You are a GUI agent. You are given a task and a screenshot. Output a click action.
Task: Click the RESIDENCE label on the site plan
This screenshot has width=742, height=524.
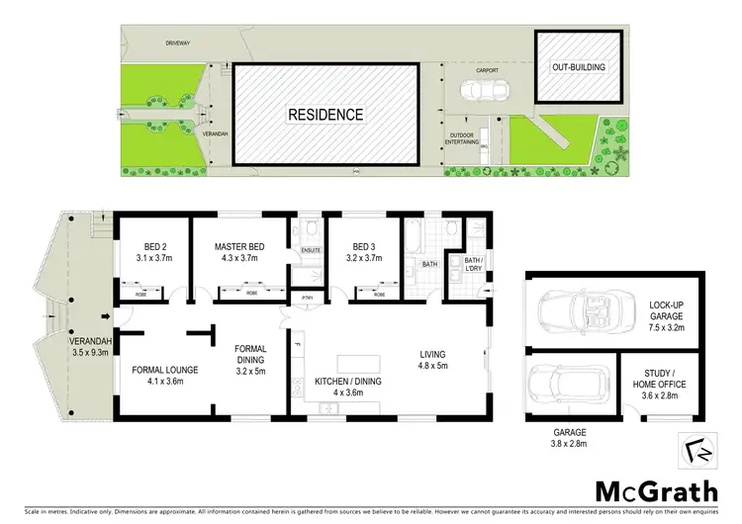coord(325,114)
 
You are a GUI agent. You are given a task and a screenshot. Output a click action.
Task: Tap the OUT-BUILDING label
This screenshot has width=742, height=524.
coord(578,67)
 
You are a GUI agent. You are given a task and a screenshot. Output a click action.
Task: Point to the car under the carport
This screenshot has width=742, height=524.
coord(484,90)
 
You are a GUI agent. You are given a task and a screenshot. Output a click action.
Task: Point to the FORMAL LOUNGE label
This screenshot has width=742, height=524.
coord(166,375)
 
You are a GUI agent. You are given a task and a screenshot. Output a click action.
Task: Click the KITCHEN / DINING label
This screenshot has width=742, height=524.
coord(347,386)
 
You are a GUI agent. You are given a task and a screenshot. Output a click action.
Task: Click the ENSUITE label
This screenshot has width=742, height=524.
coord(310,250)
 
